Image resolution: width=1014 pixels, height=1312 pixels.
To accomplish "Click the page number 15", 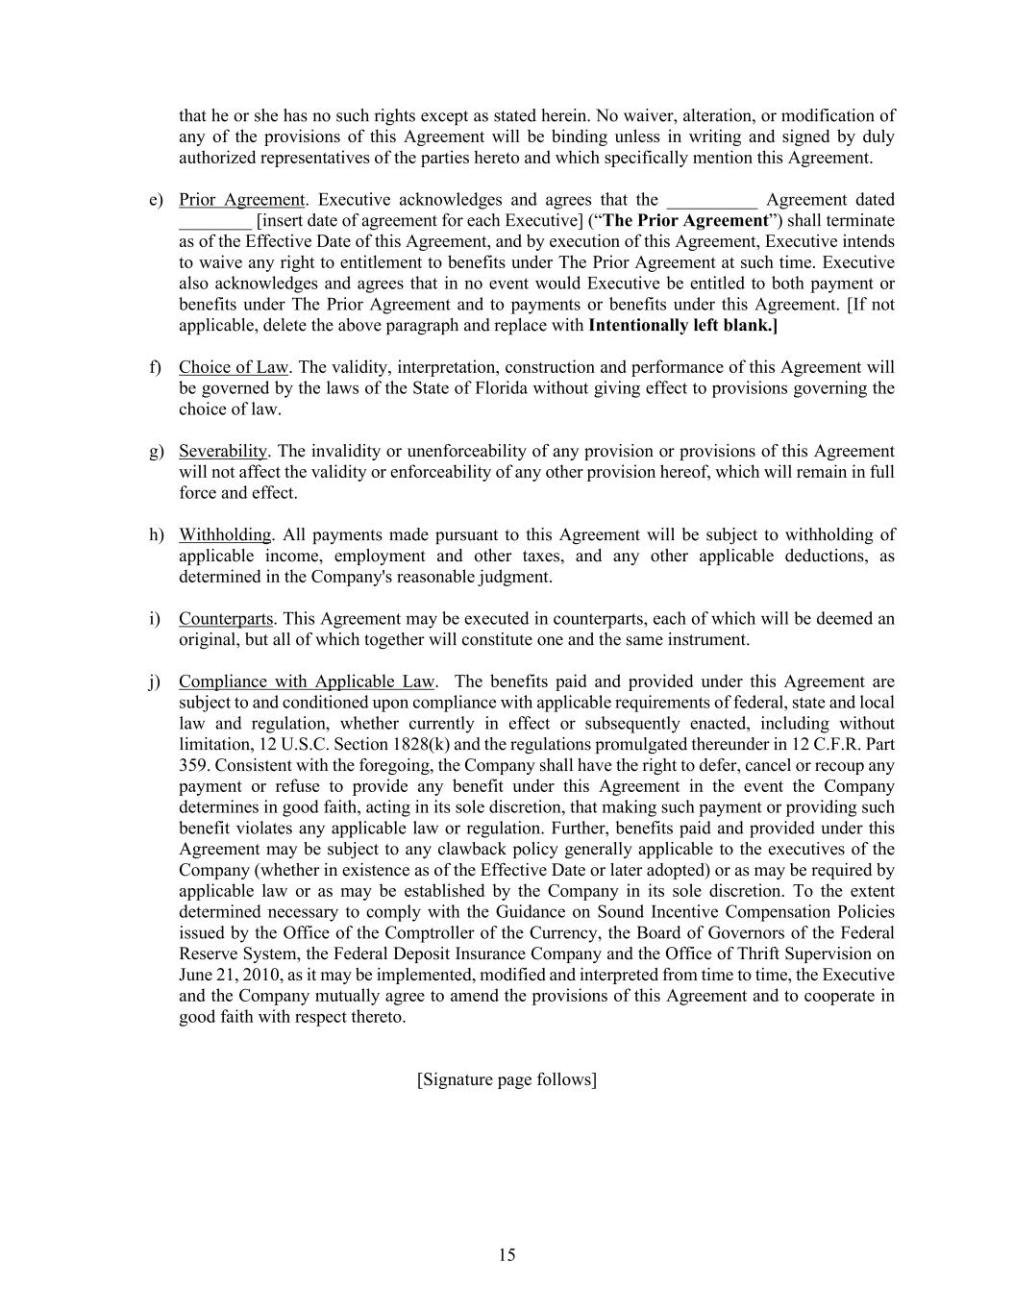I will pos(507,1254).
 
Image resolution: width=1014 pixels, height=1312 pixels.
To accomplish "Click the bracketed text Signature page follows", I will pos(507,1079).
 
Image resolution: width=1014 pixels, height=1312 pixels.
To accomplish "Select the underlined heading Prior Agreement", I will pos(241,200).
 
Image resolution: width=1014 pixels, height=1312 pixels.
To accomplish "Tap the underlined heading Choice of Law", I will pos(234,367).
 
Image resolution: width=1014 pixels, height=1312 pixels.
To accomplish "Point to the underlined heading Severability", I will pos(223,451).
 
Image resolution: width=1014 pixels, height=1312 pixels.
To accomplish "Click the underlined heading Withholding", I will pos(225,534).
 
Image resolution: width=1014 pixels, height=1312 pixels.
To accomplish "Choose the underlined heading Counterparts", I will pos(226,618).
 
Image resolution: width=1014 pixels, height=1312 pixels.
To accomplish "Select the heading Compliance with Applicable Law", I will pos(307,681).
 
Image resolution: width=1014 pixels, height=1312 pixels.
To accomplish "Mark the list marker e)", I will pos(156,200).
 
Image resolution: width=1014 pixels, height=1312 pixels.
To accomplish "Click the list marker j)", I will pos(156,681).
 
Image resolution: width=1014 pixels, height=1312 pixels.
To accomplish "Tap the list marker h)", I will pos(156,534).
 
